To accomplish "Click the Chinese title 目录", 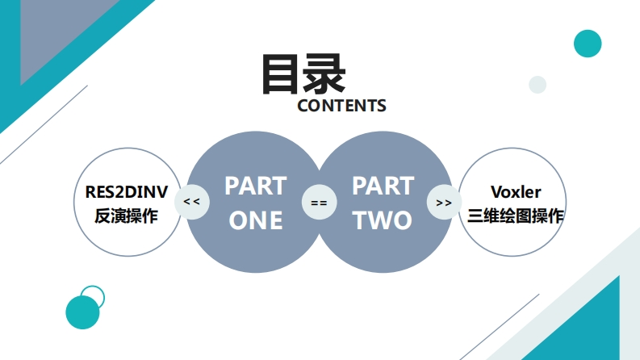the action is (303, 74).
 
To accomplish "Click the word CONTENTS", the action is (341, 106).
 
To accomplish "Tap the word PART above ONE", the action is (255, 186).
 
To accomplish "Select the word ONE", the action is (255, 220).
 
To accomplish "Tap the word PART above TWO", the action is (383, 186).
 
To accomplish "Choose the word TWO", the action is (383, 220).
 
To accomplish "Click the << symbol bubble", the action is (191, 202).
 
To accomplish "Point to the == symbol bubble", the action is (319, 203).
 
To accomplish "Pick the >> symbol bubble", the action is (444, 202).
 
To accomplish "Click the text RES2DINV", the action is (127, 191).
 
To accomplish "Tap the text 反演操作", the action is (127, 216).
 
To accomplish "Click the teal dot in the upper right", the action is (588, 44).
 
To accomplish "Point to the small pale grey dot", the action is (538, 84).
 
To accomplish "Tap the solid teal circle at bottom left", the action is (82, 312).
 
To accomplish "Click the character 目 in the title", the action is (281, 74).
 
